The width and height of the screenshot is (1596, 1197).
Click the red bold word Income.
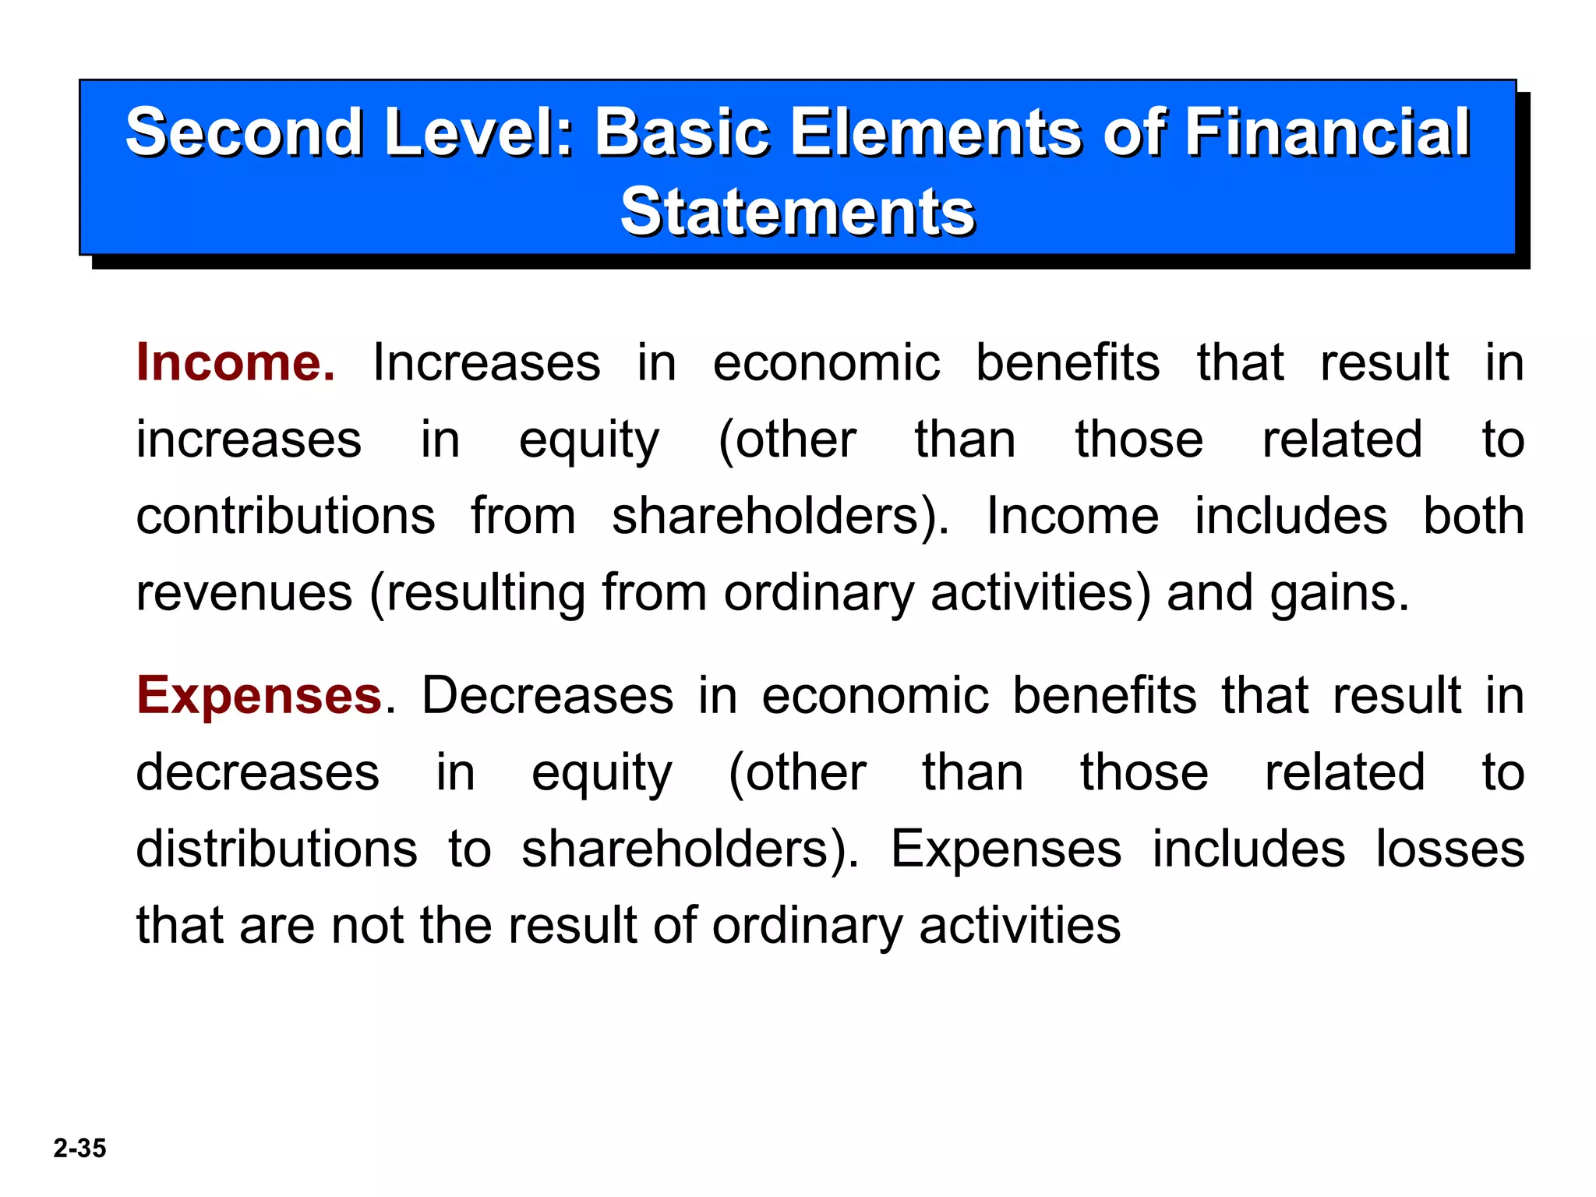235,363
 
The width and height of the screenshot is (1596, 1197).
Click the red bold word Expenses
260,695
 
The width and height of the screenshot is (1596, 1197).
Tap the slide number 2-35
79,1148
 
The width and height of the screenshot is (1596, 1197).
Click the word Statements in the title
797,212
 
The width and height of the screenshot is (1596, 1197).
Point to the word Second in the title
244,132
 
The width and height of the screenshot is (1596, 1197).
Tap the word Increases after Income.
486,363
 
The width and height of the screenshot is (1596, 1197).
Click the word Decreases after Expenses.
547,695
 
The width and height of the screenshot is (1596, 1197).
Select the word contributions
285,517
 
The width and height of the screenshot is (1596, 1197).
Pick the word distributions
277,849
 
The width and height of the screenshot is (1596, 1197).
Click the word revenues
244,593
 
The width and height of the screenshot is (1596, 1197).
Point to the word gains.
1339,593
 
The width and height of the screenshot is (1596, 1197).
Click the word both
1473,517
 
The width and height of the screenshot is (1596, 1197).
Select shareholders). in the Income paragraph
780,517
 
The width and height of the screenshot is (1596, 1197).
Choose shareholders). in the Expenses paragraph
690,849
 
